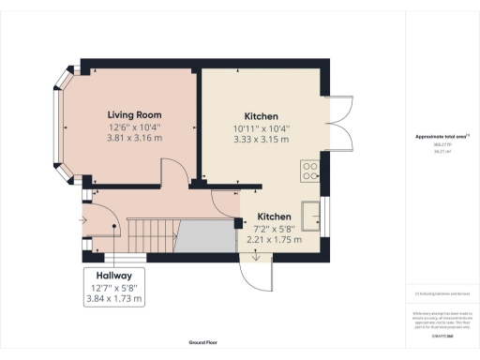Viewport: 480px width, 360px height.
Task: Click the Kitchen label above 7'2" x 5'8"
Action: [274, 216]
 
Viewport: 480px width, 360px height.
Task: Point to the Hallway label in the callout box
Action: [113, 275]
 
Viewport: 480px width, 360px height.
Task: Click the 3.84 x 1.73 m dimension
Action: [113, 299]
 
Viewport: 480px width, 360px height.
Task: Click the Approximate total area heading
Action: [441, 137]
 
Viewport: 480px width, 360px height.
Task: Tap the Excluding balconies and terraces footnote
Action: [441, 292]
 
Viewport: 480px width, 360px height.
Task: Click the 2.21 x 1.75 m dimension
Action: [274, 239]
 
